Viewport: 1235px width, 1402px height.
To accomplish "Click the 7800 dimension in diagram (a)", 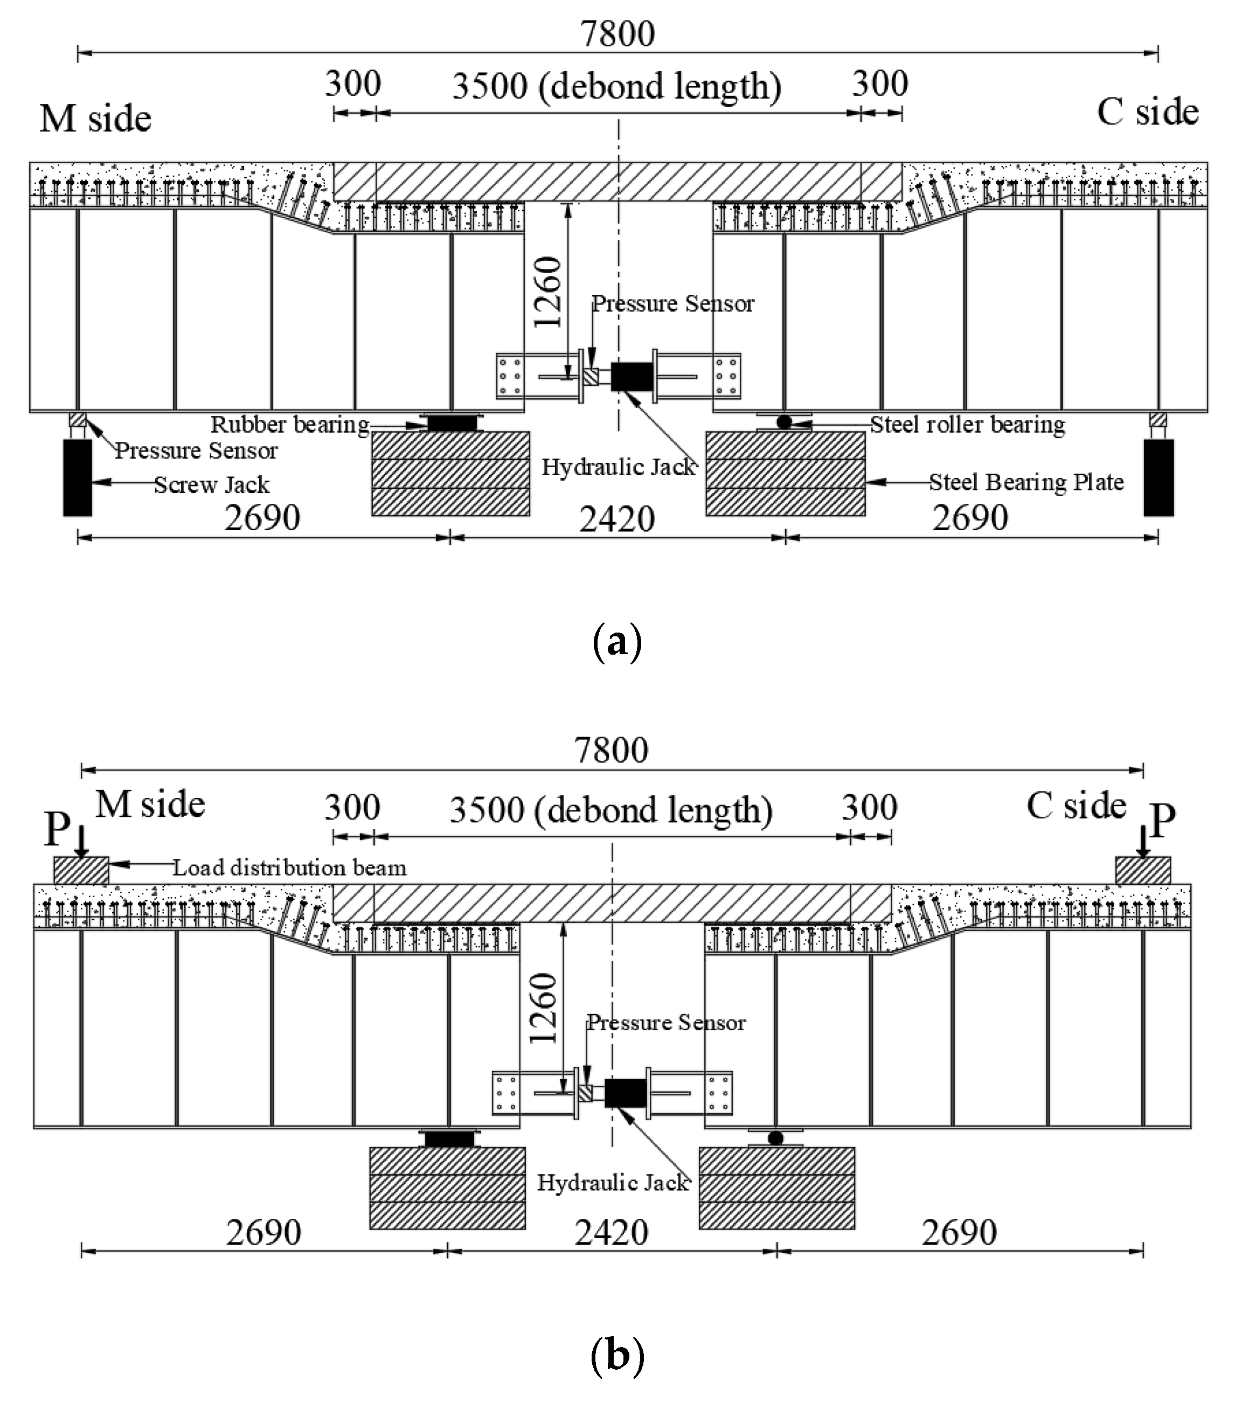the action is click(617, 34).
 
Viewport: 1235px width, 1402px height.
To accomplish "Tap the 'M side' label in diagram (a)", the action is click(95, 119).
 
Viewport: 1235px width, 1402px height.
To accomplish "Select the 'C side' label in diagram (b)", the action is click(1076, 806).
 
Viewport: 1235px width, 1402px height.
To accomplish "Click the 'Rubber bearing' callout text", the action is click(289, 425).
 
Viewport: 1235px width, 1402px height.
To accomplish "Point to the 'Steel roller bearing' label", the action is click(967, 425).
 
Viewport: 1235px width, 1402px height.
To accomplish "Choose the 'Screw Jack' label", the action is click(211, 485).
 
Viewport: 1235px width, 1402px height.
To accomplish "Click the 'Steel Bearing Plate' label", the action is click(1026, 482).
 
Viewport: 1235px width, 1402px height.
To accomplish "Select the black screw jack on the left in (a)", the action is click(78, 477).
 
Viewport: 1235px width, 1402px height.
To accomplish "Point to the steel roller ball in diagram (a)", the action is click(784, 422).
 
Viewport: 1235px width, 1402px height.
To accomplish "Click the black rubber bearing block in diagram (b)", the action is click(449, 1139).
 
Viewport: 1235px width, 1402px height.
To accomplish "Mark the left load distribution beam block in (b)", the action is click(81, 870).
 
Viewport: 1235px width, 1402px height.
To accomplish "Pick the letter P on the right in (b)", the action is click(1162, 820).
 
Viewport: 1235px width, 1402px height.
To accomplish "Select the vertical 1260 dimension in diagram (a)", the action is click(547, 291).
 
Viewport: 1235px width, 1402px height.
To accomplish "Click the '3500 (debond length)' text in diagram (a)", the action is click(616, 86).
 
